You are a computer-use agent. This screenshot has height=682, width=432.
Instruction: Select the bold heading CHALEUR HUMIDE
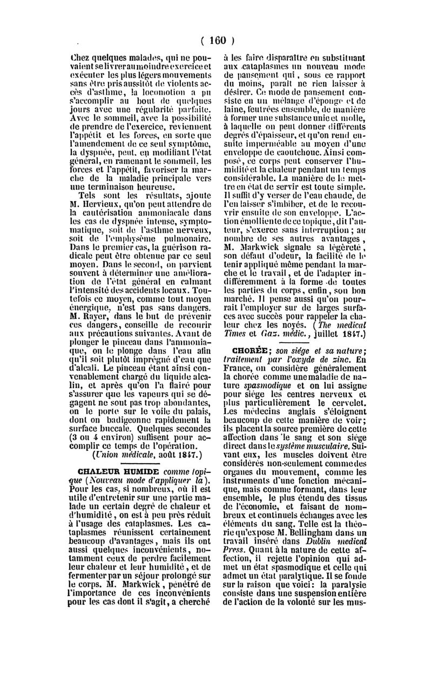click(x=112, y=471)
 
